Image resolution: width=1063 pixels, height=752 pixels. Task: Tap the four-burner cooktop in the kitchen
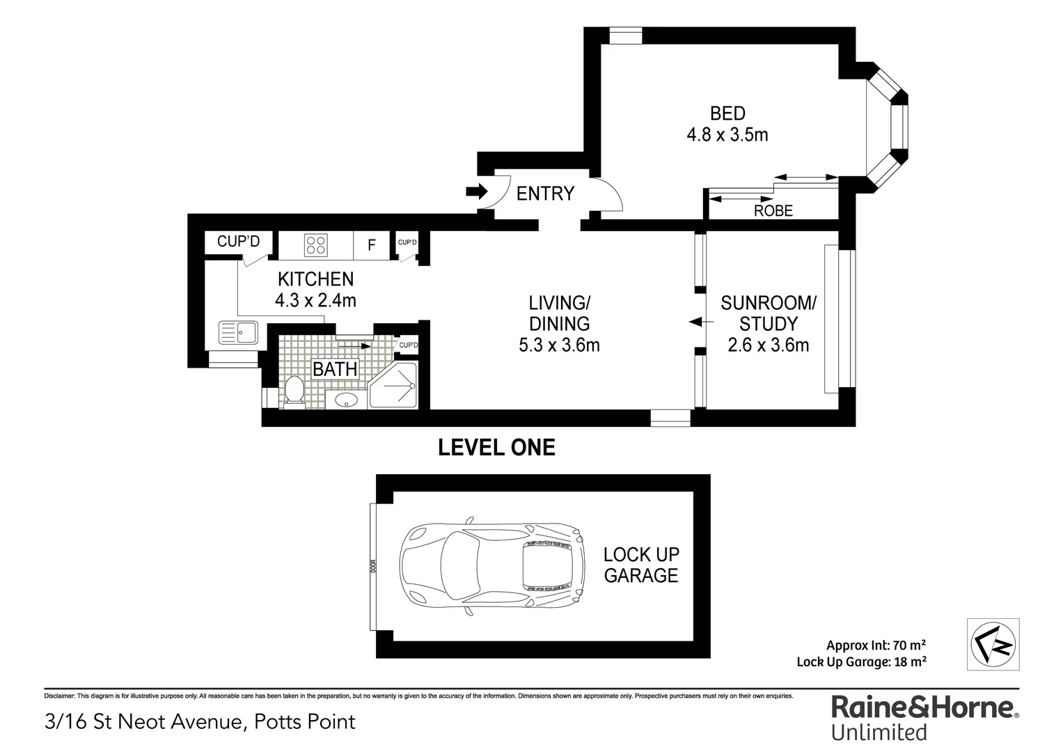pos(315,245)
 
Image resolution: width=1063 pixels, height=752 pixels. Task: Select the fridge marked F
pos(372,245)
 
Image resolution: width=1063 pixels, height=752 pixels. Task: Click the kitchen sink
pos(237,332)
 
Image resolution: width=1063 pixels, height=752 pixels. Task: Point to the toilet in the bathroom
pos(294,391)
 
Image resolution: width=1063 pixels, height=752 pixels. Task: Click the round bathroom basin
pos(346,400)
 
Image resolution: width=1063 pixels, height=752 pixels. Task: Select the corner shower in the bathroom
pos(394,386)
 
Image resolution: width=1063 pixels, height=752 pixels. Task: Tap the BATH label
pos(335,369)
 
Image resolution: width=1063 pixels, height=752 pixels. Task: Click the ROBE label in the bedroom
pos(773,210)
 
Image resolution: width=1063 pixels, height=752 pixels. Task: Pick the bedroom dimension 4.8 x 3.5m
pos(727,135)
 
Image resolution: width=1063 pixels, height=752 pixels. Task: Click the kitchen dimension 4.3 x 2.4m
pos(315,300)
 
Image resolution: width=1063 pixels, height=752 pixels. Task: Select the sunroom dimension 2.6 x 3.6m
pos(768,345)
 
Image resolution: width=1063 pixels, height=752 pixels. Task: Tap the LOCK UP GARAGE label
pos(640,565)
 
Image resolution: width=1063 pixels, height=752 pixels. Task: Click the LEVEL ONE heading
pos(496,447)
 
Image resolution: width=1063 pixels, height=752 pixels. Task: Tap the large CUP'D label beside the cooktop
pos(238,242)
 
